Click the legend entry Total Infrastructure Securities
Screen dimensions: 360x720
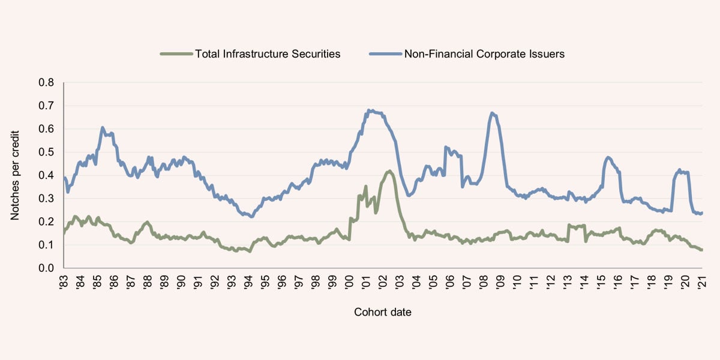[x=268, y=54]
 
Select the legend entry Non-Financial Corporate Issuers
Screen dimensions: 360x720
[x=484, y=54]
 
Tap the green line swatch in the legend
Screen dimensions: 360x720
[x=176, y=54]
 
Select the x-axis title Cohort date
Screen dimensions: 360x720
[x=383, y=312]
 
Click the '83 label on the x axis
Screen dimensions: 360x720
[x=64, y=282]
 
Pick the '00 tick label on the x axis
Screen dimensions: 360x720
[x=349, y=282]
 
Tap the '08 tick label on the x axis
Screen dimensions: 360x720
[x=484, y=282]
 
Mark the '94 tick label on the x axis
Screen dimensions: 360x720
[x=248, y=282]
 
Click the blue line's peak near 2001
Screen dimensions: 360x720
[x=371, y=110]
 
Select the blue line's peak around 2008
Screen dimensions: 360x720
[x=492, y=113]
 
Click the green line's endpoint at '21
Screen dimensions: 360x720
[x=701, y=250]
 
